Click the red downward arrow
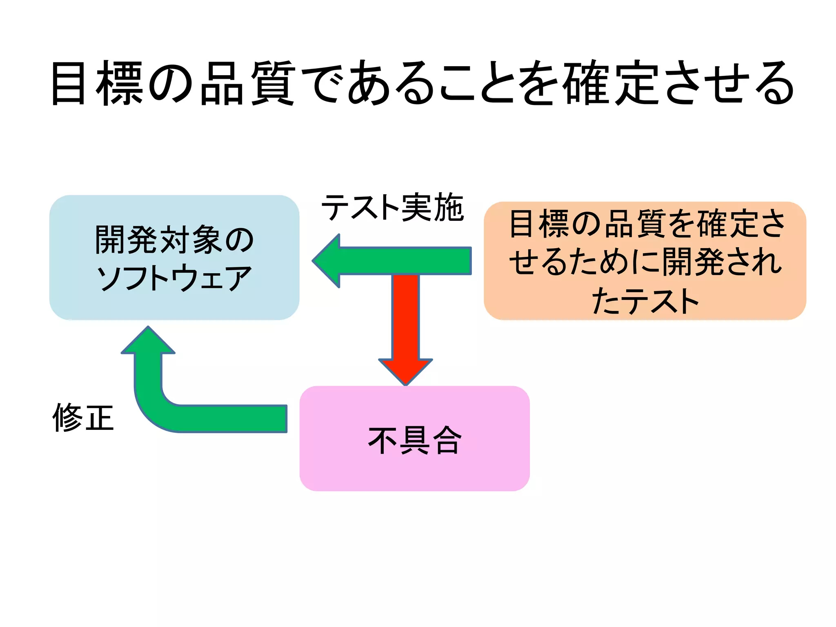(x=405, y=327)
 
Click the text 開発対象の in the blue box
(x=174, y=240)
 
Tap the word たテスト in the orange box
(x=645, y=301)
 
